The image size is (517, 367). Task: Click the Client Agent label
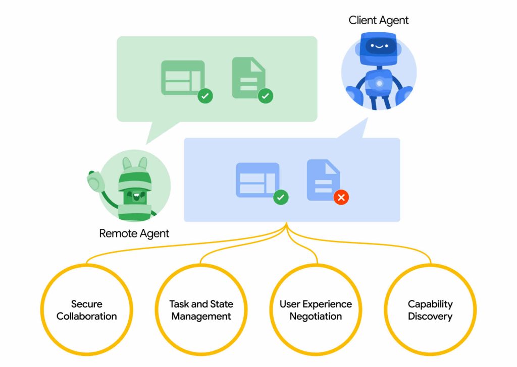(x=379, y=21)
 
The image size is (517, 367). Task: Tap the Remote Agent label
(x=134, y=233)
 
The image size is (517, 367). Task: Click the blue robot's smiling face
(x=379, y=46)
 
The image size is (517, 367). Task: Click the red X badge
(x=341, y=198)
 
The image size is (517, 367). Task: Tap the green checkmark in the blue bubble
(x=281, y=198)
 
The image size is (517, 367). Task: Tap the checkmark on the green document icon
(x=266, y=95)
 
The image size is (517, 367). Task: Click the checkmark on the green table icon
(x=205, y=95)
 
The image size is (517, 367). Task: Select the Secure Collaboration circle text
(x=86, y=310)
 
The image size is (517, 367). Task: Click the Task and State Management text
(x=201, y=310)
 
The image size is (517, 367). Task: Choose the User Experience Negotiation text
(x=316, y=310)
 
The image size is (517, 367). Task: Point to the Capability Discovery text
(x=430, y=310)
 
